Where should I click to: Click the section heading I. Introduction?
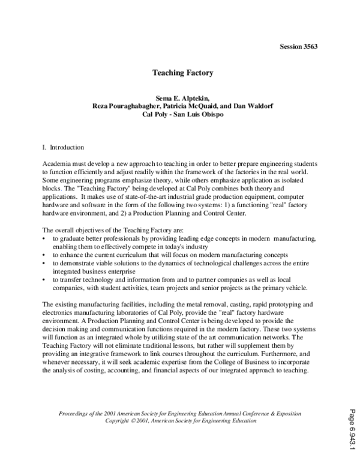click(64, 147)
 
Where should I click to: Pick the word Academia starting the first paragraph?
click(56, 164)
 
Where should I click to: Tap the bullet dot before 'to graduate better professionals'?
click(46, 239)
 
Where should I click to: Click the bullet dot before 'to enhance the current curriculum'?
click(46, 255)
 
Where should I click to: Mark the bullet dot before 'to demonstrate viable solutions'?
click(46, 263)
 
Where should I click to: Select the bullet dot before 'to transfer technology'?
click(46, 279)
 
